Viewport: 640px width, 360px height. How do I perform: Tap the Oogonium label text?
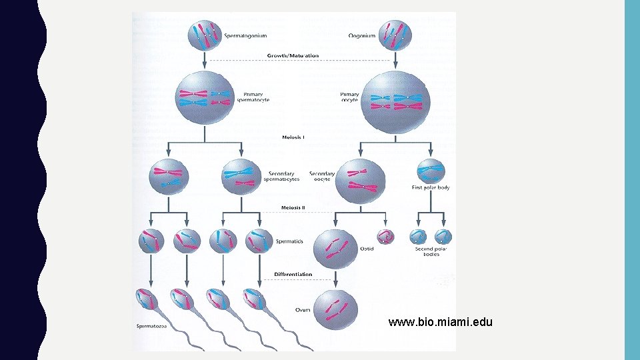(362, 35)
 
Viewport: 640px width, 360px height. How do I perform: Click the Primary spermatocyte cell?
(203, 97)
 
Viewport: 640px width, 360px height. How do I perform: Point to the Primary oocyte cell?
(395, 102)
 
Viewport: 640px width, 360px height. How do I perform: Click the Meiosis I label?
(293, 137)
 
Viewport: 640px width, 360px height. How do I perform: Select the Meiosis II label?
(293, 207)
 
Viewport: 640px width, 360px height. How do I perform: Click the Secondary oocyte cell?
(361, 180)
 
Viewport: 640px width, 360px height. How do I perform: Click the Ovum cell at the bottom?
(336, 308)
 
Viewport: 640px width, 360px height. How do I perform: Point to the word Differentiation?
(293, 274)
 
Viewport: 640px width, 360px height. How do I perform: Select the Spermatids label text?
(289, 241)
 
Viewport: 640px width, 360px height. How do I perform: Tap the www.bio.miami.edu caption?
(440, 323)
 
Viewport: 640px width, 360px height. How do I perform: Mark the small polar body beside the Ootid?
(385, 237)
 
